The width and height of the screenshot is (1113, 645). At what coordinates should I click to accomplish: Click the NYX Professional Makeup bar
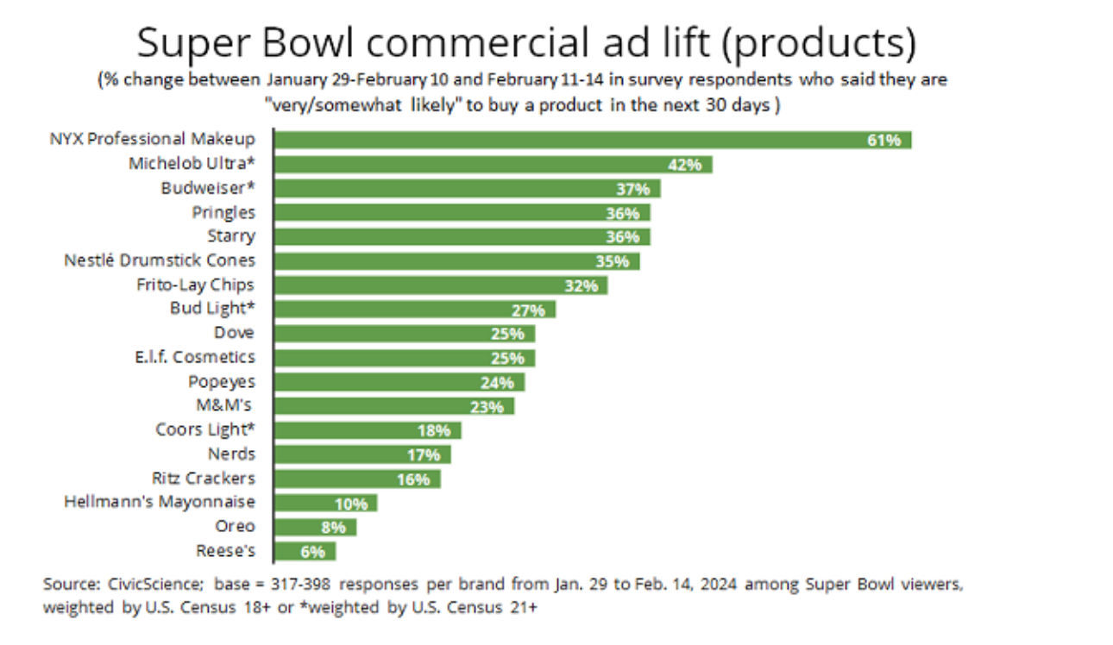tap(592, 140)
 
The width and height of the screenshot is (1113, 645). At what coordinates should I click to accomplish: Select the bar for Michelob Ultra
tap(493, 164)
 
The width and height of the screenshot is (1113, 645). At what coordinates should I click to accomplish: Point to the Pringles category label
tap(223, 212)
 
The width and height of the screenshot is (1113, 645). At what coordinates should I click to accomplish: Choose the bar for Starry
tap(462, 236)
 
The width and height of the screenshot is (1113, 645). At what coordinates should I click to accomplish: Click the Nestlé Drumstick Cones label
tap(160, 260)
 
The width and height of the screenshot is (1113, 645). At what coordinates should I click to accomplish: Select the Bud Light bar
tap(414, 309)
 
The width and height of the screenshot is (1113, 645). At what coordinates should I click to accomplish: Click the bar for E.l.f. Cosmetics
tap(404, 357)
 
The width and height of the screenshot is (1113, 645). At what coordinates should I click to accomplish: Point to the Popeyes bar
tap(399, 381)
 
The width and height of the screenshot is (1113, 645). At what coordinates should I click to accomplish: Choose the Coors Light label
tap(205, 429)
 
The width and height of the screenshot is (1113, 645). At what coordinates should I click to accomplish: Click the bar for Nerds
tap(362, 454)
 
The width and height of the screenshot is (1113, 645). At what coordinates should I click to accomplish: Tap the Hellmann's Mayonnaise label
tap(160, 502)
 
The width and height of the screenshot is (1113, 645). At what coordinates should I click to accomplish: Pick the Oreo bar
tap(314, 526)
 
